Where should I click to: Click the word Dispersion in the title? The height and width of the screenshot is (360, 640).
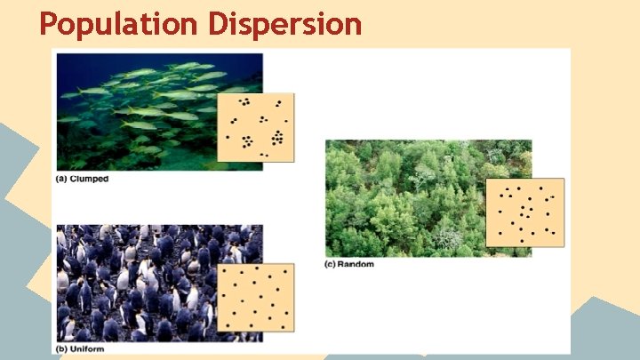(285, 24)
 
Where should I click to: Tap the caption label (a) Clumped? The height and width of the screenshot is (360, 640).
(81, 179)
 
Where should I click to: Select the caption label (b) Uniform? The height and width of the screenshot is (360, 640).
(80, 348)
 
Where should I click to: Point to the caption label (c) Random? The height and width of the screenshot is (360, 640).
(349, 264)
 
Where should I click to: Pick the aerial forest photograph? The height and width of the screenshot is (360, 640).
(418, 196)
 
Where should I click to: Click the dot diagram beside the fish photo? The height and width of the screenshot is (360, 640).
(255, 127)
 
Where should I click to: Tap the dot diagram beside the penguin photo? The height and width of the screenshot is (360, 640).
(255, 297)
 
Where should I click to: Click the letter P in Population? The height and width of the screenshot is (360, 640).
(50, 24)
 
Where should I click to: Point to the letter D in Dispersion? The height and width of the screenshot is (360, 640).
(220, 24)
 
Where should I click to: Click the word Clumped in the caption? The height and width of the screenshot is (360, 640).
(90, 179)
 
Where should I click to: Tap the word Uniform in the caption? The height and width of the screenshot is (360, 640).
(88, 348)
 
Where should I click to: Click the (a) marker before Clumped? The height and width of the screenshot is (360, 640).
(62, 179)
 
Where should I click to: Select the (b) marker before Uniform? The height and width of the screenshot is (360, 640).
(62, 348)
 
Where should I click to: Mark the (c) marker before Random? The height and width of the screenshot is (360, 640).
(332, 264)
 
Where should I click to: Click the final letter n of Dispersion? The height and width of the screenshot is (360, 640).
(353, 26)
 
